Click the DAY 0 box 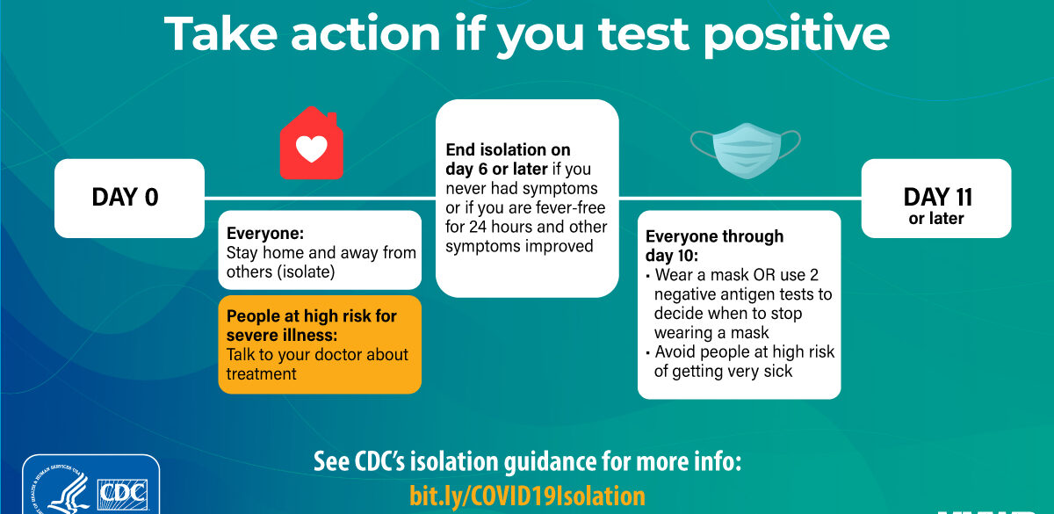[x=129, y=199]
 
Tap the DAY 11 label [x=937, y=196]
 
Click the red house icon [x=311, y=143]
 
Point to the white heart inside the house [x=311, y=148]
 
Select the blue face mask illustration [x=746, y=150]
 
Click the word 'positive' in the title [x=796, y=34]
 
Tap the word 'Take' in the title [x=220, y=33]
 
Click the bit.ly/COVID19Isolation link [x=528, y=496]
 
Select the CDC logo [x=122, y=494]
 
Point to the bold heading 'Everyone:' [x=265, y=233]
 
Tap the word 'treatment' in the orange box [x=261, y=373]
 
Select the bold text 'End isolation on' [x=508, y=149]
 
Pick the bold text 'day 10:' [x=671, y=256]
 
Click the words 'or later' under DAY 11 [x=936, y=219]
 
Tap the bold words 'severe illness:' [x=282, y=335]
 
